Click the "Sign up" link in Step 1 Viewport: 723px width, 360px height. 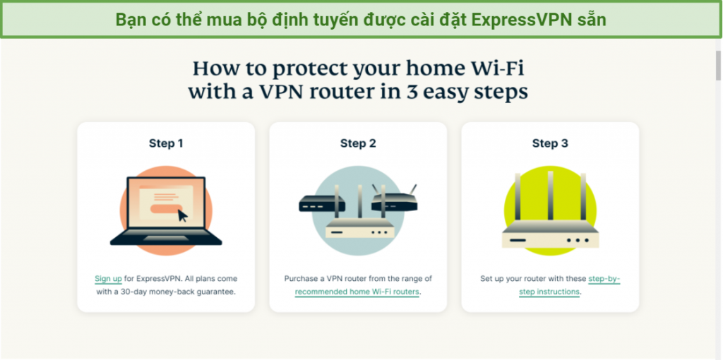pyautogui.click(x=108, y=279)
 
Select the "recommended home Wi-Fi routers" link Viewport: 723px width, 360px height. pyautogui.click(x=357, y=292)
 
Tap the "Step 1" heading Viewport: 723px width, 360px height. pyautogui.click(x=166, y=143)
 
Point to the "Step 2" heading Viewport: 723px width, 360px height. pyautogui.click(x=358, y=143)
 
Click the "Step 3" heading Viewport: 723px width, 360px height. pyautogui.click(x=550, y=143)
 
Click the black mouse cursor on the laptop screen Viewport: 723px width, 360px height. pyautogui.click(x=183, y=216)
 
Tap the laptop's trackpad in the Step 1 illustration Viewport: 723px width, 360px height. pyautogui.click(x=166, y=239)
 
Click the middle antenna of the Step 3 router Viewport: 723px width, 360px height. pyautogui.click(x=550, y=196)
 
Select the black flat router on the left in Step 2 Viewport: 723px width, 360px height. pyautogui.click(x=322, y=204)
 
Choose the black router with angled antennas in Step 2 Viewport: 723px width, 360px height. pyautogui.click(x=394, y=199)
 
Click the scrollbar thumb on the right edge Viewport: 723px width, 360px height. pyautogui.click(x=718, y=66)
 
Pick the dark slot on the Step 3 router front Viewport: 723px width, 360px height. pyautogui.click(x=518, y=240)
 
